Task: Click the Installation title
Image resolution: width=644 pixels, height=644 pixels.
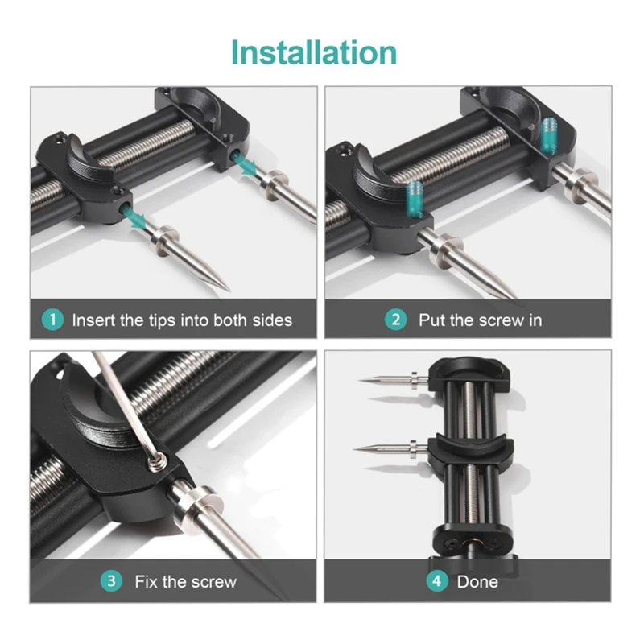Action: click(x=314, y=52)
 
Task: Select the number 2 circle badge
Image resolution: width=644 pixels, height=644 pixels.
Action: click(x=395, y=320)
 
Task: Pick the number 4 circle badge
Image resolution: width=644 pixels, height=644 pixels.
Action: click(x=436, y=580)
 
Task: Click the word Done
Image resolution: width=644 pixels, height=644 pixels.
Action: click(x=477, y=580)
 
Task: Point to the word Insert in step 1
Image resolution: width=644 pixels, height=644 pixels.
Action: click(x=93, y=320)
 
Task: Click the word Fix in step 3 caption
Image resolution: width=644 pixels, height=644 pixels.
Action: click(x=147, y=580)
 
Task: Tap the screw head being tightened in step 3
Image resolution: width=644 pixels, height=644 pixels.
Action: click(x=157, y=460)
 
